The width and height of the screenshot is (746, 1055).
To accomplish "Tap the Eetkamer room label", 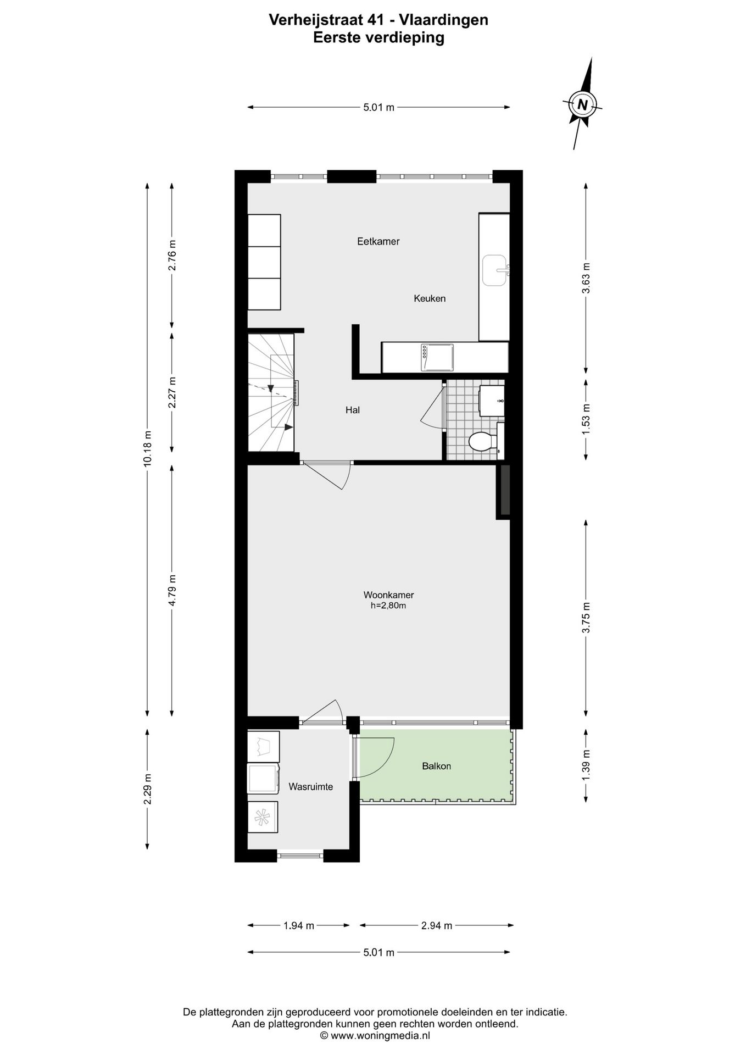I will click(378, 241).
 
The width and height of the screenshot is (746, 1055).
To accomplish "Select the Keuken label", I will click(430, 298).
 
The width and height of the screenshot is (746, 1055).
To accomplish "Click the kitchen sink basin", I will click(495, 270).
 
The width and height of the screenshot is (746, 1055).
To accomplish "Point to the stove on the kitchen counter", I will click(437, 357).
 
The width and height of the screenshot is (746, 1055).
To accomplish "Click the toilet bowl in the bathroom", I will click(482, 442).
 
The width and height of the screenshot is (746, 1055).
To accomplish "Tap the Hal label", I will click(352, 410).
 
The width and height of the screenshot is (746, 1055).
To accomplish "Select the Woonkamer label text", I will click(388, 595).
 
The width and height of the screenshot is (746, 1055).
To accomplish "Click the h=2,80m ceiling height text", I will click(388, 606).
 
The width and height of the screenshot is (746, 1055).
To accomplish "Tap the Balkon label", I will click(436, 766).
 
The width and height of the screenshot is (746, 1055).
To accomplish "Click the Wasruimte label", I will click(310, 787).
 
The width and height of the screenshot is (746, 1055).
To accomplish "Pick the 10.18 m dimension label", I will click(147, 449).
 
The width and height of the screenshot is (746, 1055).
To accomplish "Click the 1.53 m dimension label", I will click(586, 419).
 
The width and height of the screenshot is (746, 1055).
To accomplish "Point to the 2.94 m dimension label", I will click(436, 926).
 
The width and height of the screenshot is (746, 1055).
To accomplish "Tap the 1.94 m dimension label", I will click(298, 926).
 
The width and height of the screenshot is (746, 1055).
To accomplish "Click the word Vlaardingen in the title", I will click(443, 20).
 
